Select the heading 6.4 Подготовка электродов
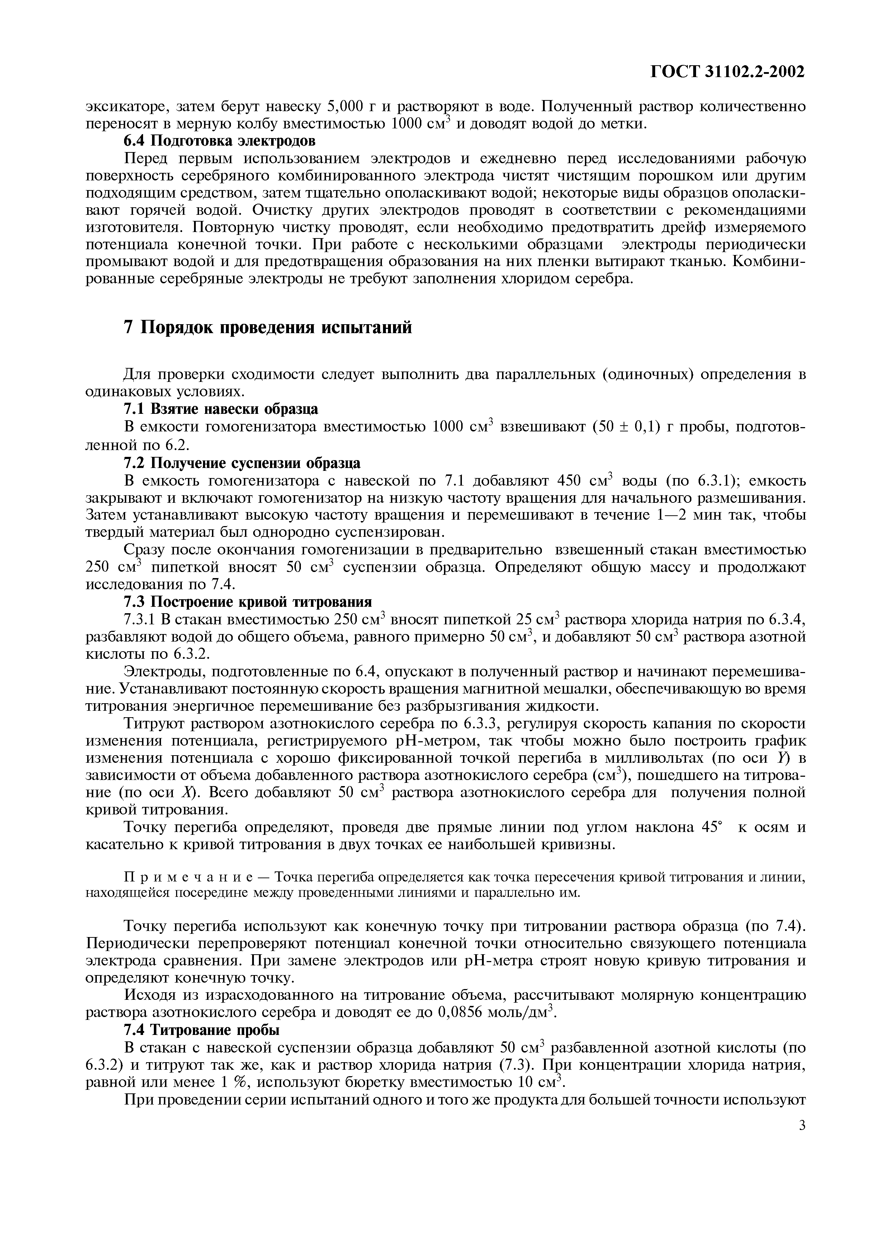pyautogui.click(x=219, y=141)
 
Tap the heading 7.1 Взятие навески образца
pyautogui.click(x=221, y=409)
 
